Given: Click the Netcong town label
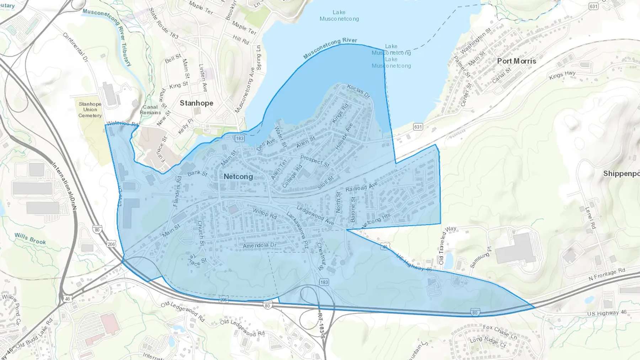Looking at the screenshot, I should (x=238, y=177).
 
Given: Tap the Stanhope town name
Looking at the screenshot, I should (x=196, y=103).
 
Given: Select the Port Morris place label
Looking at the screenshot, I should (x=516, y=61).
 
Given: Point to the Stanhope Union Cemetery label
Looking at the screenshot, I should (x=90, y=109).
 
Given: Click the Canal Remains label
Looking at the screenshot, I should (x=150, y=109).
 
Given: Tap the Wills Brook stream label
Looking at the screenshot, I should (x=30, y=238).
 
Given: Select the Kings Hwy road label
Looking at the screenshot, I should (x=562, y=75).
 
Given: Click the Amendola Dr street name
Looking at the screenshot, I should (x=259, y=246).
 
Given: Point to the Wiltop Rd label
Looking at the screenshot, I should (x=265, y=213).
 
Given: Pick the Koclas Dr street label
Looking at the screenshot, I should (x=358, y=91).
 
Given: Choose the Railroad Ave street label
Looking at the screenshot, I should (x=361, y=187).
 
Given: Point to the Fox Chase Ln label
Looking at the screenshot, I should (x=500, y=332).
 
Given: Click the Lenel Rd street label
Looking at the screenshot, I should (x=590, y=217).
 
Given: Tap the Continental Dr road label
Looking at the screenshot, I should (x=75, y=48).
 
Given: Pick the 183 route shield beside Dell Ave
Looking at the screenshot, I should (x=240, y=138).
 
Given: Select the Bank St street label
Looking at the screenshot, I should (x=197, y=173).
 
